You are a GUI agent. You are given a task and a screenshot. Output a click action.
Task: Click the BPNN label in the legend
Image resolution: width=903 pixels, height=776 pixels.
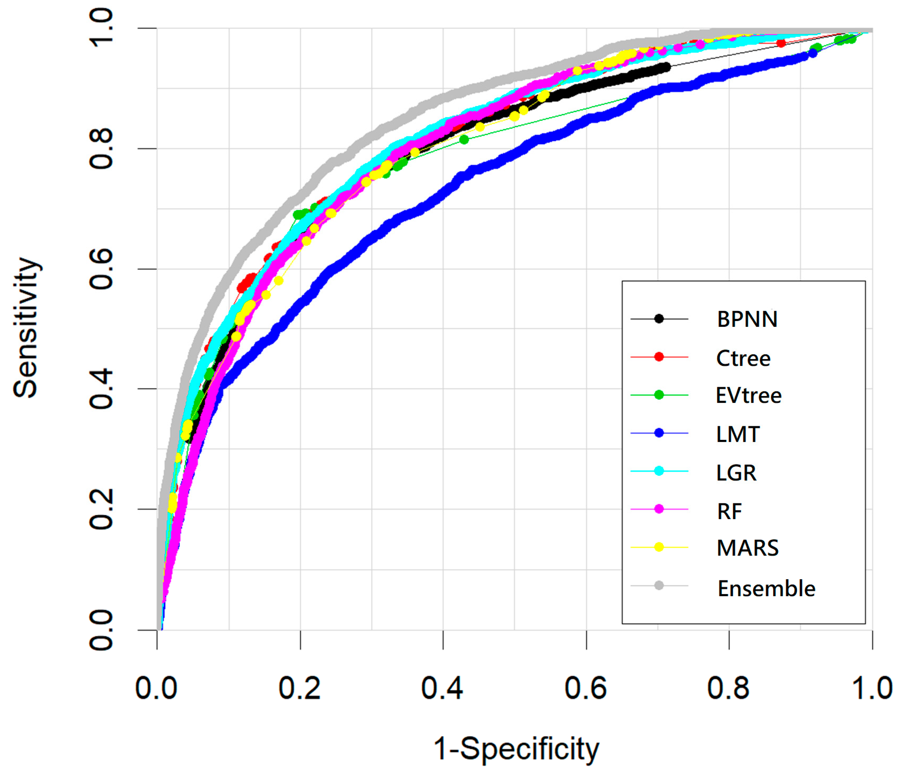pos(747,319)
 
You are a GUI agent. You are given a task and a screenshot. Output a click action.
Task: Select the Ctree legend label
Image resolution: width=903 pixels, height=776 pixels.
pos(743,358)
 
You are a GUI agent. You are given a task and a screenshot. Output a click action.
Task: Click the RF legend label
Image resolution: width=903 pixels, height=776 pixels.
pos(729,511)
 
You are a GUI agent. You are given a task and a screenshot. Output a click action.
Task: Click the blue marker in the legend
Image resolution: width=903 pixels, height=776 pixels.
pos(659,433)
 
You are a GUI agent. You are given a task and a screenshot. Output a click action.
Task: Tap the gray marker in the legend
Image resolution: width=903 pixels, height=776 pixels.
pos(659,585)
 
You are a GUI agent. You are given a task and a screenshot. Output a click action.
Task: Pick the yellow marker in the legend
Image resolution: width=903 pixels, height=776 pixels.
pos(659,547)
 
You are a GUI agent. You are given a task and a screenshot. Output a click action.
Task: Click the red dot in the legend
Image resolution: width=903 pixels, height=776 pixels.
pos(659,357)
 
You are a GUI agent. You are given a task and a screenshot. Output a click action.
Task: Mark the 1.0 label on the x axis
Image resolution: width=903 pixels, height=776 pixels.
pos(872,688)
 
